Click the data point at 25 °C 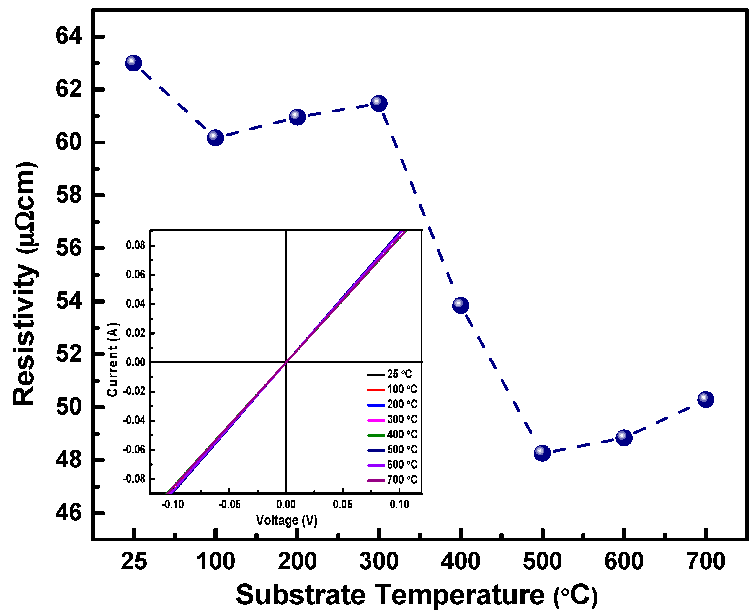click(x=133, y=63)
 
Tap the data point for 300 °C click(x=379, y=103)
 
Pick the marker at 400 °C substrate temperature click(x=461, y=305)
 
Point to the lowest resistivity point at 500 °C click(x=542, y=453)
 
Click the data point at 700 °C click(x=706, y=399)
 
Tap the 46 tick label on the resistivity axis click(x=69, y=512)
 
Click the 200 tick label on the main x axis click(x=297, y=562)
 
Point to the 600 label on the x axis click(x=624, y=562)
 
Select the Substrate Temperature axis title click(x=417, y=595)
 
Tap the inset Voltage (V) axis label click(x=287, y=520)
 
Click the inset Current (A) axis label click(x=113, y=359)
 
